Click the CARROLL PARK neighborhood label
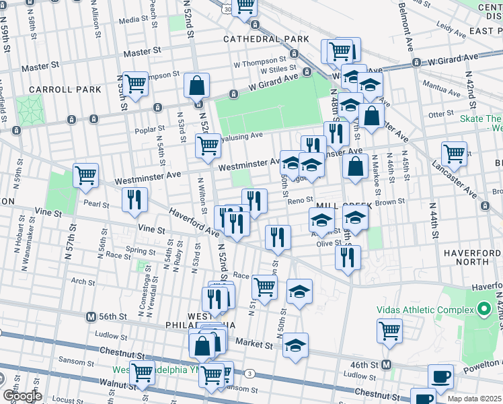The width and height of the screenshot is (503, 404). click(65, 89)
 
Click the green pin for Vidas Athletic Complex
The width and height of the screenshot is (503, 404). click(483, 310)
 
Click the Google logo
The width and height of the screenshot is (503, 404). click(22, 395)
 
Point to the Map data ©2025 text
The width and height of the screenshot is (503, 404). click(474, 399)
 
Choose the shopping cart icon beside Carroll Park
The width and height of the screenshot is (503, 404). click(135, 84)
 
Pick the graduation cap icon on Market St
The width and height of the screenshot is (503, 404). click(295, 345)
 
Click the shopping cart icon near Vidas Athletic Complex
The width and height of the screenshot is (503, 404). click(390, 331)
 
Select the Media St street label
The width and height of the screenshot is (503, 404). click(132, 21)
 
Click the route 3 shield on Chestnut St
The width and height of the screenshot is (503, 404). click(249, 372)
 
